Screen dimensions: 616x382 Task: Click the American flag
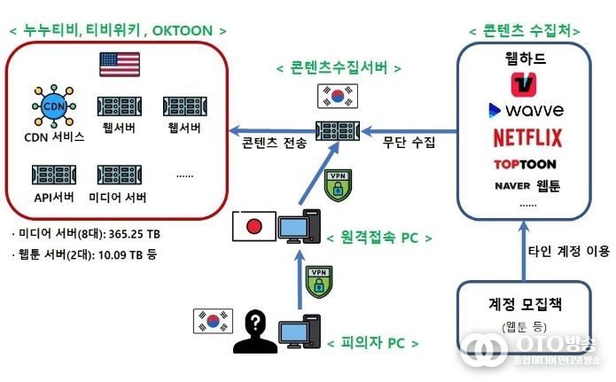(x=120, y=64)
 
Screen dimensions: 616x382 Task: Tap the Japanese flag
(x=254, y=226)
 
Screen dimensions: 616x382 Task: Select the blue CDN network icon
(x=54, y=105)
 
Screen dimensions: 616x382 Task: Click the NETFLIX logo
(x=527, y=137)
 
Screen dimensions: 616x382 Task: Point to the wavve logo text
(x=534, y=110)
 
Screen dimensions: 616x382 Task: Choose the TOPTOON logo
(x=525, y=164)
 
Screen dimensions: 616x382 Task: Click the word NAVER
(x=512, y=186)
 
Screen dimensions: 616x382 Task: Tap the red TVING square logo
(x=523, y=84)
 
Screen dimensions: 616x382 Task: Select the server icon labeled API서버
(x=54, y=175)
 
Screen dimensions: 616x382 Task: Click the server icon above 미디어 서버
(x=120, y=175)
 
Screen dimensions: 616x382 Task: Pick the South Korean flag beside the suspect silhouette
(x=213, y=321)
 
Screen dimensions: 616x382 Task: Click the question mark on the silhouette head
(x=255, y=323)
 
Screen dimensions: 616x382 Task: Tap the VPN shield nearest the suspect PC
(x=319, y=282)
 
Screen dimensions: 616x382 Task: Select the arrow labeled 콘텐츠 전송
(x=273, y=130)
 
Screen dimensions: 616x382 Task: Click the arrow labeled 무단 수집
(x=409, y=131)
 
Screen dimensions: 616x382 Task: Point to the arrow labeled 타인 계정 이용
(x=524, y=251)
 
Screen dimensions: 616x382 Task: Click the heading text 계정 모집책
(x=525, y=304)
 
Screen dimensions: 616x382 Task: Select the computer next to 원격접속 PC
(x=299, y=226)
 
